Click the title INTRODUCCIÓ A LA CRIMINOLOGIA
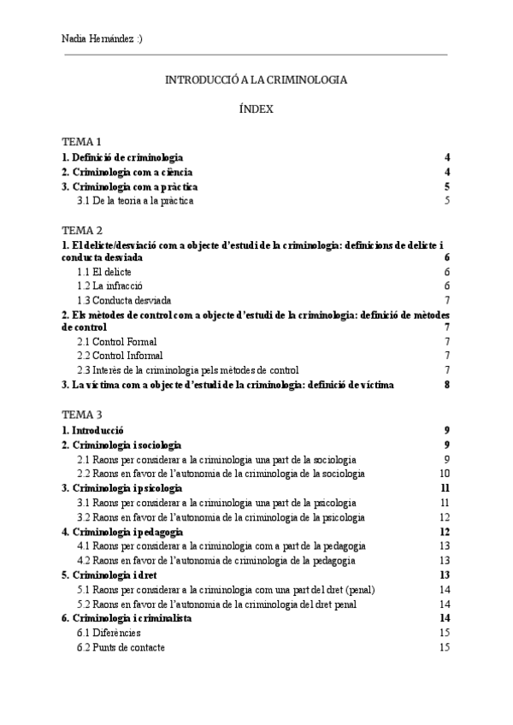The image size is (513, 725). (x=256, y=80)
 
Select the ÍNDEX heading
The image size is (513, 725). (x=256, y=109)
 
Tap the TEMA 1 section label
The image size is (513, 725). (x=82, y=141)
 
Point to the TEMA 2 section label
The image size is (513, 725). (x=82, y=230)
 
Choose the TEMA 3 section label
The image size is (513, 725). (x=82, y=415)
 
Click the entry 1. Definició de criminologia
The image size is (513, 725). (x=122, y=157)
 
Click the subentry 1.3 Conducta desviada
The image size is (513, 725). (x=124, y=300)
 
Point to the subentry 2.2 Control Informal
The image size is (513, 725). (x=120, y=356)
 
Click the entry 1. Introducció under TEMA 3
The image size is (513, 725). (x=94, y=430)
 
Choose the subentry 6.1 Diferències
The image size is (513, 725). (x=109, y=633)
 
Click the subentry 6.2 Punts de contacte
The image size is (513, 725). (x=121, y=647)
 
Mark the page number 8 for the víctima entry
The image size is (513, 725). (x=446, y=386)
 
